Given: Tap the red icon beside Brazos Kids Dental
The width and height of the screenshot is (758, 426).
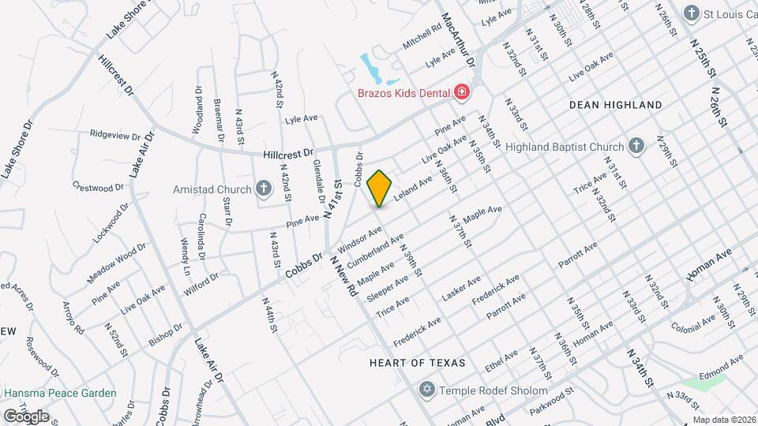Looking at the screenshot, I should point(460,93).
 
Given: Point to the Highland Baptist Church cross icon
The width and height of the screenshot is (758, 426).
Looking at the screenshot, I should point(636,146).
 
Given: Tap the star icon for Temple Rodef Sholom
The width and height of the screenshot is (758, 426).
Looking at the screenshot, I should point(426,390).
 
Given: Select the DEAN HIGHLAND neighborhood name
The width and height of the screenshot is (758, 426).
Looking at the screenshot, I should point(616,105).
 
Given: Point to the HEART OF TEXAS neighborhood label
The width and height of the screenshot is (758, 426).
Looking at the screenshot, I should point(418,363).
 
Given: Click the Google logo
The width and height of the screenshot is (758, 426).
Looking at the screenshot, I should point(25,416).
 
